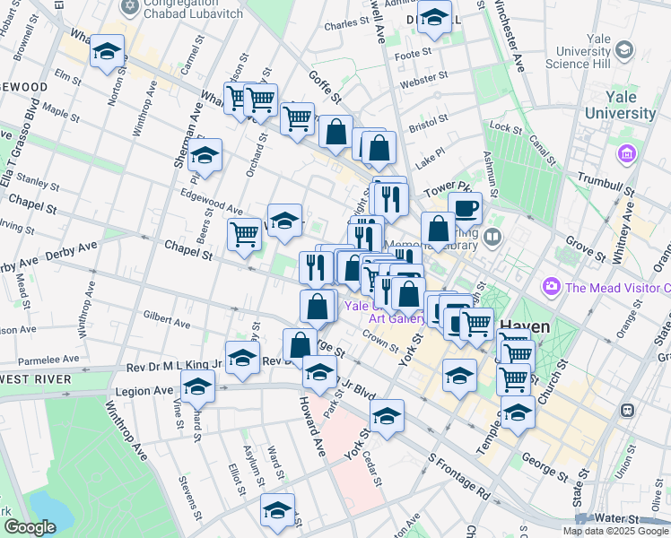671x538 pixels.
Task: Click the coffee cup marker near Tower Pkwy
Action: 465,208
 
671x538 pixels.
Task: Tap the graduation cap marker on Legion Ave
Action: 197,387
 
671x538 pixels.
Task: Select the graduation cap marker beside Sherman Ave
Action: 205,156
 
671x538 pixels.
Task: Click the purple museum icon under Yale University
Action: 626,154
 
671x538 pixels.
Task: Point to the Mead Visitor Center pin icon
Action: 551,288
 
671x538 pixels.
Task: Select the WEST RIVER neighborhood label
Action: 36,379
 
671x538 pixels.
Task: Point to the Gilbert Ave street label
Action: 166,321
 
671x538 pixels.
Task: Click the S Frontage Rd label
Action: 458,476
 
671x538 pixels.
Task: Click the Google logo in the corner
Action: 29,527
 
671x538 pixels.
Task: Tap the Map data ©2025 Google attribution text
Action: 615,531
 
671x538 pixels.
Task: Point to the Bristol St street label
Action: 429,121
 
